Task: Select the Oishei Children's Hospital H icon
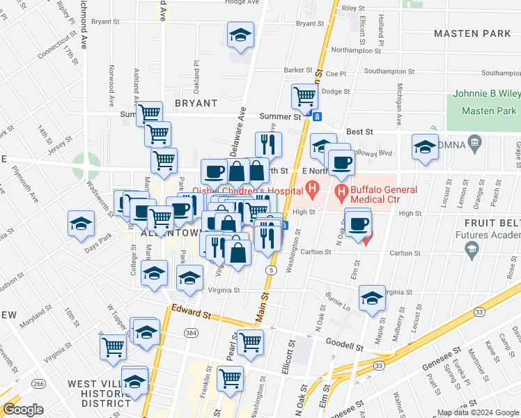coord(313,189)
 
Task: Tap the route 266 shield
coord(40,383)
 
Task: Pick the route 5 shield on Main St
coord(271,270)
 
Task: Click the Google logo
coord(22,410)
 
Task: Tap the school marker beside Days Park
coord(81,224)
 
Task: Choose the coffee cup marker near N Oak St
coord(358,224)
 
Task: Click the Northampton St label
coord(356,50)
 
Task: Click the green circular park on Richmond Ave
coord(86,168)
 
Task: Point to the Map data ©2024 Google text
coord(477,412)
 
